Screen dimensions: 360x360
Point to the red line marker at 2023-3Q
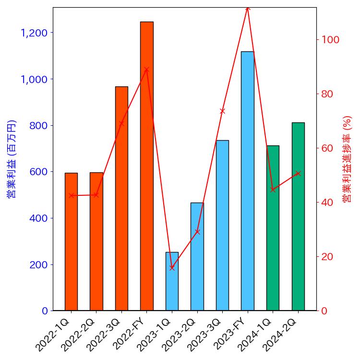coord(222,111)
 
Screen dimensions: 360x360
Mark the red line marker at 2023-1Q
coord(172,268)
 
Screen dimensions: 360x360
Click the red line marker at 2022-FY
coord(147,69)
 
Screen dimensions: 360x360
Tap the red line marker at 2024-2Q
coord(298,173)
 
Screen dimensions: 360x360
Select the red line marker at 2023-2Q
coord(197,232)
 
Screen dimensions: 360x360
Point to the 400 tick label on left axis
coord(38,218)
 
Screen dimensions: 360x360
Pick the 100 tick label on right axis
coord(331,40)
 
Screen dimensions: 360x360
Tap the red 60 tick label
coord(328,148)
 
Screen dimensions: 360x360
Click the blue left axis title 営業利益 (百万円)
coord(12,159)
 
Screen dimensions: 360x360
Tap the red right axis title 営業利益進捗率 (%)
coord(348,159)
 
